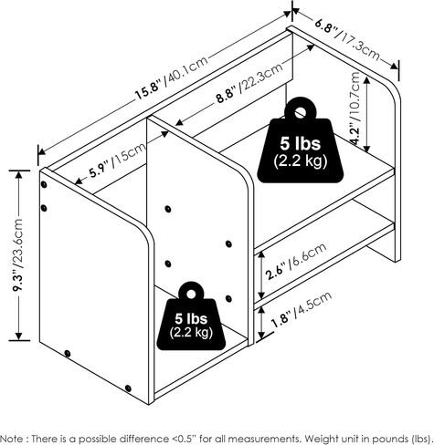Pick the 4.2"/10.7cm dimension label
[x=355, y=109]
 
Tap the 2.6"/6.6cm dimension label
[x=296, y=261]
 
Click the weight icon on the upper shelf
[x=301, y=140]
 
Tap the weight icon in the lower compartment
[x=191, y=316]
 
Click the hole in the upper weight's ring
[x=301, y=112]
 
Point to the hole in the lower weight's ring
[x=191, y=294]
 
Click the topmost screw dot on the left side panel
[x=44, y=184]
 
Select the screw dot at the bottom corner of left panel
[x=128, y=388]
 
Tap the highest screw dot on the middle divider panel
[x=168, y=209]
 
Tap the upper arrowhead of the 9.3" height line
[x=19, y=175]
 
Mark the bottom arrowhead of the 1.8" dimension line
[x=261, y=336]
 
